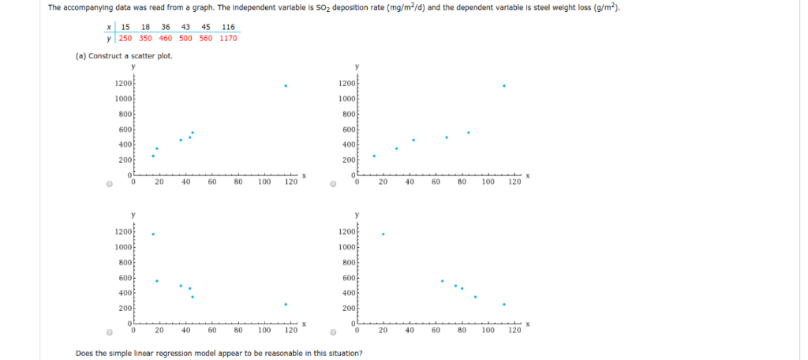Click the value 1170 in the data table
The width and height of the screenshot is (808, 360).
point(228,38)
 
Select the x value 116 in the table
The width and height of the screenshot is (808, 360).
point(229,27)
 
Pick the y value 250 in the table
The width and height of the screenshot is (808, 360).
point(125,38)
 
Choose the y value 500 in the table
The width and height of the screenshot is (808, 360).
point(185,38)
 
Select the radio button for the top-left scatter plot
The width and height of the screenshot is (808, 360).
point(110,185)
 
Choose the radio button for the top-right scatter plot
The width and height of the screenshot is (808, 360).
point(335,185)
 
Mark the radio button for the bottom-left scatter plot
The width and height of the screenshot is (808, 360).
point(110,332)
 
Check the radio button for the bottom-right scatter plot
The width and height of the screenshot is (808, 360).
point(335,332)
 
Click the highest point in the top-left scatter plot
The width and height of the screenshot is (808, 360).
point(286,86)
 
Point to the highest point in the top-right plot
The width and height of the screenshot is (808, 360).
point(503,86)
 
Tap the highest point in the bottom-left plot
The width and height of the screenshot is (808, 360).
point(153,234)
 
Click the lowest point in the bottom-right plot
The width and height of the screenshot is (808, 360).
point(503,304)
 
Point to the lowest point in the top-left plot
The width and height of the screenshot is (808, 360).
point(153,156)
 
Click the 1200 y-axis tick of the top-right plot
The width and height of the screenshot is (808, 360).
point(348,84)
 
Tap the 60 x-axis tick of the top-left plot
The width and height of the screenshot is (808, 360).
point(212,182)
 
